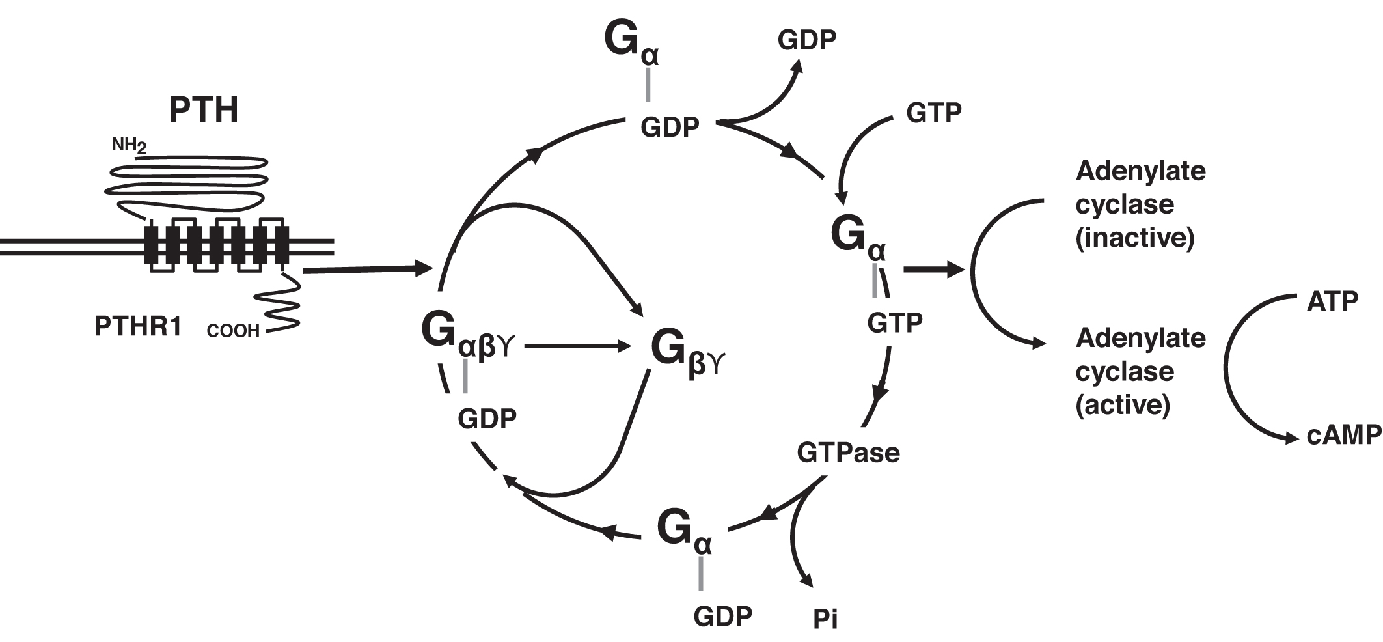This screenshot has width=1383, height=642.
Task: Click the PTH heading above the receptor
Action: [203, 110]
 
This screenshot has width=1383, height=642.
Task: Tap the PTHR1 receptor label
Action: [138, 326]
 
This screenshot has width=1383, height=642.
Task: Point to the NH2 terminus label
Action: [129, 145]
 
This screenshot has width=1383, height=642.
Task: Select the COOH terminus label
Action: [232, 331]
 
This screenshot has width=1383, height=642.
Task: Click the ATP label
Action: [1332, 301]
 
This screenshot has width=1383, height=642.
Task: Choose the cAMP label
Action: [1343, 436]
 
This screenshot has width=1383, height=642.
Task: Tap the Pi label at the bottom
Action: [825, 619]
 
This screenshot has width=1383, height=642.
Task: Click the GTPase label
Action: [848, 452]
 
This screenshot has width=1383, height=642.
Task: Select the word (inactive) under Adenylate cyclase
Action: [1134, 238]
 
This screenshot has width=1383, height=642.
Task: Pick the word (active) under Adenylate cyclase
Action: [1123, 405]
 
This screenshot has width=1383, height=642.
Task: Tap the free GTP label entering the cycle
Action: [933, 113]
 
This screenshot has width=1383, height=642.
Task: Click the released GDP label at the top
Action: [806, 40]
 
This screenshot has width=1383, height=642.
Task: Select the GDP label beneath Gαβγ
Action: [487, 419]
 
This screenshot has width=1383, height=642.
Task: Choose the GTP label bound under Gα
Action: [894, 322]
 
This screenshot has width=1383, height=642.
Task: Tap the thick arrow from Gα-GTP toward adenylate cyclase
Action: [933, 270]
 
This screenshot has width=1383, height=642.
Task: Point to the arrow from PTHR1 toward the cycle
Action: [368, 269]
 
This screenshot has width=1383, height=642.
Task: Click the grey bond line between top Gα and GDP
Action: [648, 85]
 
